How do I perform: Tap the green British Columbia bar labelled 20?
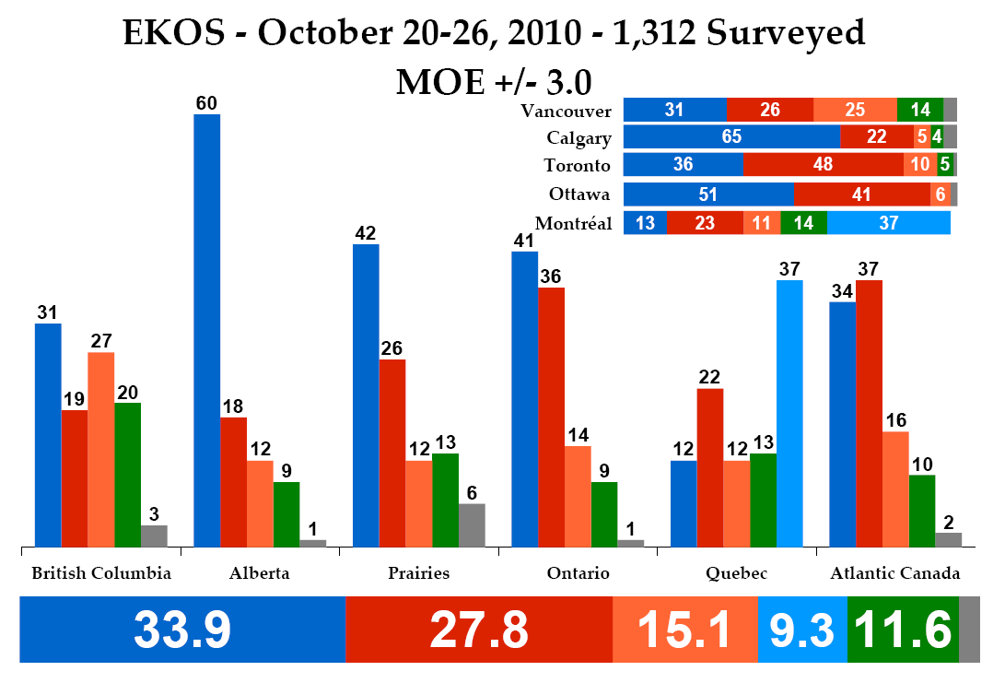tap(127, 474)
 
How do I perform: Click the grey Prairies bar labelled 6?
tap(471, 524)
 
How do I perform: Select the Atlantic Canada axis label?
tap(895, 573)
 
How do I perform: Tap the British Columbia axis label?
tap(101, 573)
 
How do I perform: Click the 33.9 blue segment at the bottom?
tap(182, 630)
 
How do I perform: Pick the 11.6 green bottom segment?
tap(903, 630)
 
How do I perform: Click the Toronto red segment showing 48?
tap(823, 165)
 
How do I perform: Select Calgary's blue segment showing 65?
tap(731, 137)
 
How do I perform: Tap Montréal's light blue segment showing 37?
tap(888, 223)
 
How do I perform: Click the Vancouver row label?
tap(566, 111)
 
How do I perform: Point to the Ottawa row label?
tap(579, 194)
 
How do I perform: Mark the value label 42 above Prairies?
tap(366, 231)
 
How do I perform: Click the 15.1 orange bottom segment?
tap(684, 630)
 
